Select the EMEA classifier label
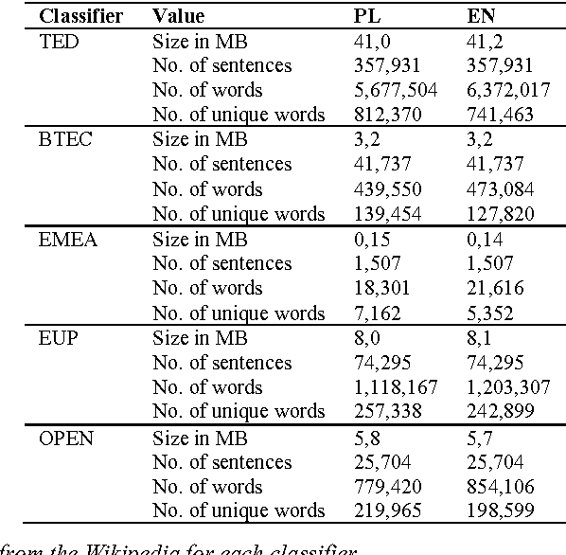tap(67, 239)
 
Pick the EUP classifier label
tap(58, 337)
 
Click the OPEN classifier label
tap(65, 437)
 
